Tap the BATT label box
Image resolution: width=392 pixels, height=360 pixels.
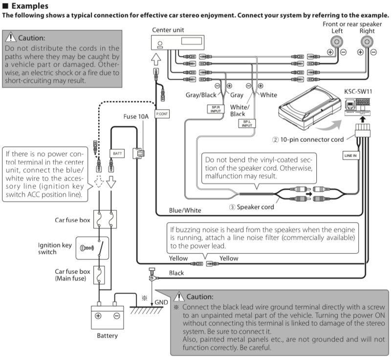[x=118, y=153]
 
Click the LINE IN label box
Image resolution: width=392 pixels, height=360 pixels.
[x=351, y=155]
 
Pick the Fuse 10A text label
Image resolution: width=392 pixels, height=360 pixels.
[x=136, y=117]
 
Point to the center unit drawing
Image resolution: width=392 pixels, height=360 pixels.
[x=181, y=43]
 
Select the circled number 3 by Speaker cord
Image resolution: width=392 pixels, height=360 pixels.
[x=232, y=207]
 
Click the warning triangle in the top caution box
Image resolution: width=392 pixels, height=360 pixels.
[x=11, y=38]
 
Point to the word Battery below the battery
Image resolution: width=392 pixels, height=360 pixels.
[x=107, y=336]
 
